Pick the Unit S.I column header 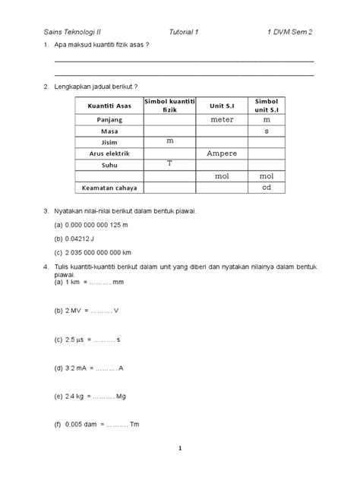(222, 109)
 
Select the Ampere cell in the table (222, 154)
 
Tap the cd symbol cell (267, 188)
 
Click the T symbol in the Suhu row (169, 164)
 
